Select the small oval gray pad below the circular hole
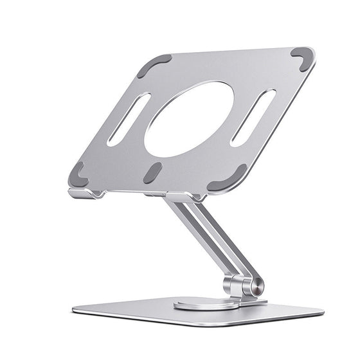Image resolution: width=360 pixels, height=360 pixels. (x=153, y=172)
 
